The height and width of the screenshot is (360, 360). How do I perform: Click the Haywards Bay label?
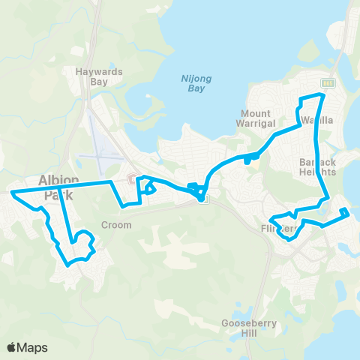pos(99,77)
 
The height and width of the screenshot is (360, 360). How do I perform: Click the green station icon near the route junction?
pos(204,198)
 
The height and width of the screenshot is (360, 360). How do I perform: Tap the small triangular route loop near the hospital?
pos(150,187)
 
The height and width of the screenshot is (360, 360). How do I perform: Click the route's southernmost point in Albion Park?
pos(68,264)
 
